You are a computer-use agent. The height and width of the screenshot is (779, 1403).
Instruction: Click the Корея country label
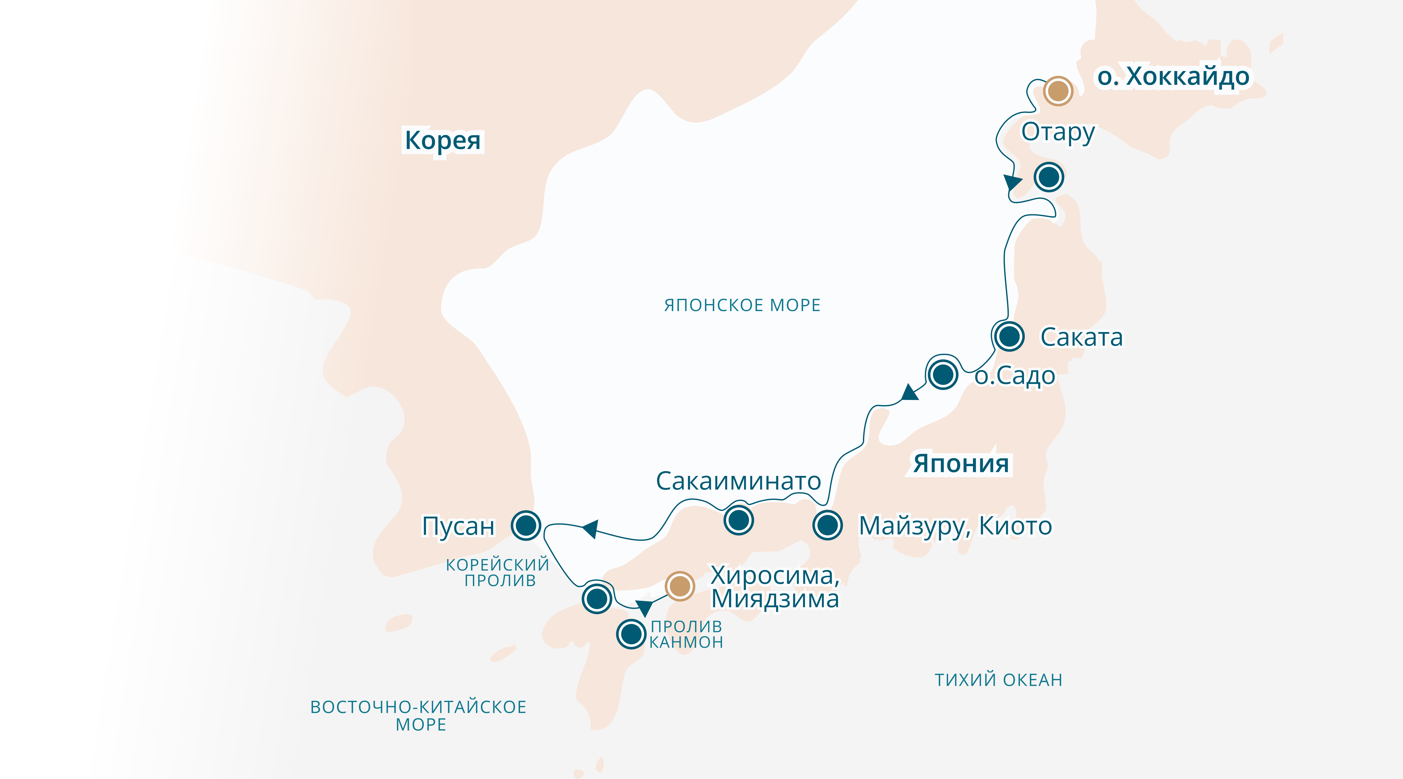[x=442, y=140]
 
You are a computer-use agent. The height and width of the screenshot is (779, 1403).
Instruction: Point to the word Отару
[x=1058, y=132]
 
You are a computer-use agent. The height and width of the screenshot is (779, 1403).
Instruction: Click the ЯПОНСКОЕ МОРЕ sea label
[x=742, y=306]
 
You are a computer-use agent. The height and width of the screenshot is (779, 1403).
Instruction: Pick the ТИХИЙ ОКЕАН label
[x=998, y=680]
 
